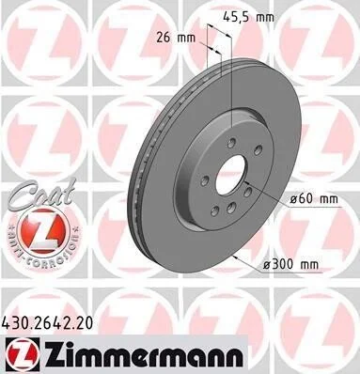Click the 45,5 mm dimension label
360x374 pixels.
[x=248, y=17]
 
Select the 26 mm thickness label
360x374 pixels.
[x=176, y=39]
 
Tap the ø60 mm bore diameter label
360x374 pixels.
[x=314, y=199]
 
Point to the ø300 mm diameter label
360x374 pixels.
[x=291, y=264]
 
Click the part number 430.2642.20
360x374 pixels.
[x=48, y=323]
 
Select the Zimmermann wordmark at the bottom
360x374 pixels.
[x=143, y=355]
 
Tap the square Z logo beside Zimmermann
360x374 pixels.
[x=22, y=354]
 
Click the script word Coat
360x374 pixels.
[x=40, y=195]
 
